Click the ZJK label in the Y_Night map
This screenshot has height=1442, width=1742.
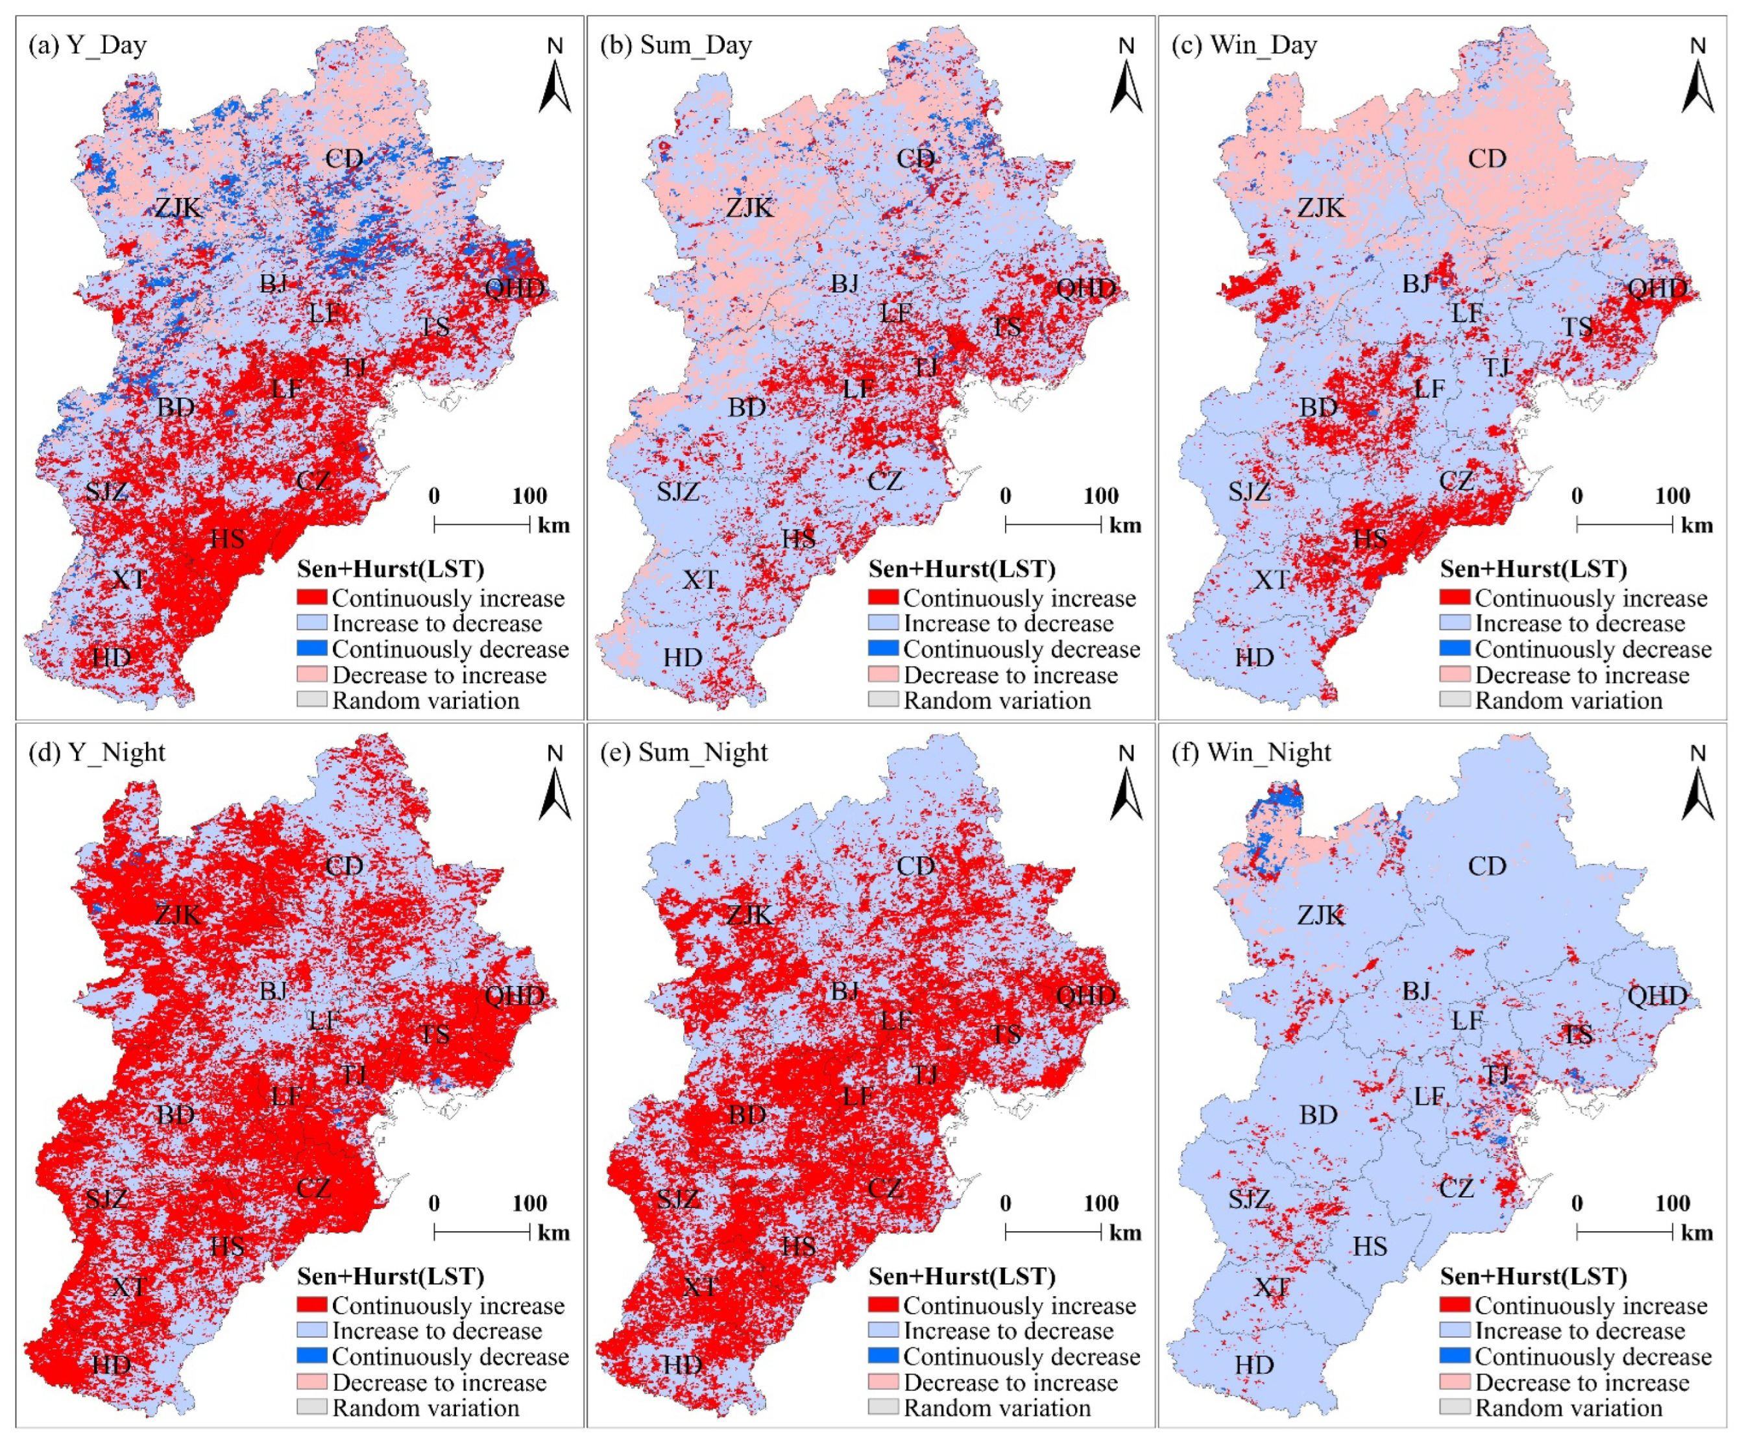(x=178, y=915)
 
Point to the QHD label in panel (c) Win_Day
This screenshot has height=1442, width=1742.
(x=1656, y=288)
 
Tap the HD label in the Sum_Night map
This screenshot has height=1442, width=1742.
(x=682, y=1365)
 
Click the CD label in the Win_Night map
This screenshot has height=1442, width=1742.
(x=1486, y=866)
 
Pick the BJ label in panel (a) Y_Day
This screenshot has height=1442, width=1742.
(x=273, y=283)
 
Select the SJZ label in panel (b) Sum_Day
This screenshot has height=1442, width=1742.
(x=678, y=491)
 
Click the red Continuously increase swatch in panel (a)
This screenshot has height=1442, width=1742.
(x=312, y=597)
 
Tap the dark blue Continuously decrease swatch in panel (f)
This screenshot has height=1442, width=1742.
(x=1455, y=1356)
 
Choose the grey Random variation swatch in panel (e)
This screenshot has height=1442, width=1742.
(x=884, y=1407)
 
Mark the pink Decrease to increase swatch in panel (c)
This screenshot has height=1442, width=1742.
(x=1455, y=674)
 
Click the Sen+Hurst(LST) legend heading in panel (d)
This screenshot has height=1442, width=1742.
(x=390, y=1276)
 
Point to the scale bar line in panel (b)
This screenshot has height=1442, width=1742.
(x=1053, y=524)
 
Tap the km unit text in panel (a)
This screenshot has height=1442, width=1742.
(x=553, y=525)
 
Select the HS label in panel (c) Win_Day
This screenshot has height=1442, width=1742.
(x=1370, y=539)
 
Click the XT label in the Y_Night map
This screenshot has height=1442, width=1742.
(x=128, y=1287)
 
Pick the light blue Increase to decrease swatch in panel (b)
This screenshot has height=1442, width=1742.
(x=884, y=623)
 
